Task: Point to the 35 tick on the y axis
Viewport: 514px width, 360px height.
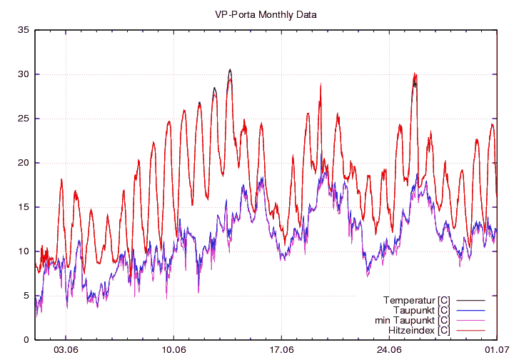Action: point(24,30)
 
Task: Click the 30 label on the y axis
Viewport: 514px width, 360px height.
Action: point(24,74)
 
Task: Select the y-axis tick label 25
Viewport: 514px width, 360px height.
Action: point(24,119)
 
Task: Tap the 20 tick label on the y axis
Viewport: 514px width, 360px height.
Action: point(24,163)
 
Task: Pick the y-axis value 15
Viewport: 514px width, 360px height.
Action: point(24,207)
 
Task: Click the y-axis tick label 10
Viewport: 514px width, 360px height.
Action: point(24,251)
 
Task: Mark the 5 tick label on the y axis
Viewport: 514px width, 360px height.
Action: point(26,296)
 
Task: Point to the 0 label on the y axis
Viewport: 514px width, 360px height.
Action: point(26,340)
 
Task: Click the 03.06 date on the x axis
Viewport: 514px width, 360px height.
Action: point(66,350)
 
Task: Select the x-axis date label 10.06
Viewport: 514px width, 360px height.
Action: point(173,350)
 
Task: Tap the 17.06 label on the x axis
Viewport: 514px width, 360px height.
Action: point(281,350)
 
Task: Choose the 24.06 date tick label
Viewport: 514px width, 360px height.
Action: point(389,350)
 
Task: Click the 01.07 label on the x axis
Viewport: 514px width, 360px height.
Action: point(497,350)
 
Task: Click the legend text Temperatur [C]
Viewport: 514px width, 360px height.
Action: point(415,299)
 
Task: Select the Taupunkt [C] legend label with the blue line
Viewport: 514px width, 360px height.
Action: point(421,310)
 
